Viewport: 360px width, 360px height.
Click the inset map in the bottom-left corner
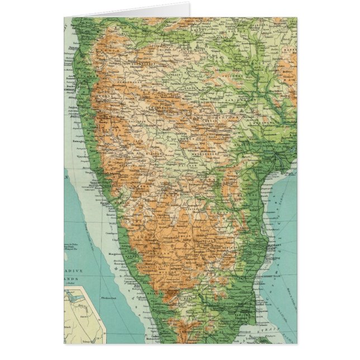(84, 315)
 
